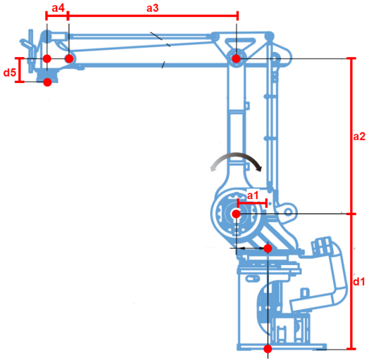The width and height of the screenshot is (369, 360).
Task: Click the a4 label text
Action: click(58, 8)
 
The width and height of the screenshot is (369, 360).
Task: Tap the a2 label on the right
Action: click(360, 137)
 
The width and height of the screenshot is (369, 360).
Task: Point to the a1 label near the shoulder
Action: click(252, 195)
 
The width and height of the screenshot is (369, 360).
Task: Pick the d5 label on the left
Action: click(9, 72)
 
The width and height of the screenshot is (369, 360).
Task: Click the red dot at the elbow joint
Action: click(236, 58)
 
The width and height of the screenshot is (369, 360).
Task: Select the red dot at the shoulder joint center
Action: click(236, 214)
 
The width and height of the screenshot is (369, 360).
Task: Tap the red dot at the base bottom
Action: click(268, 348)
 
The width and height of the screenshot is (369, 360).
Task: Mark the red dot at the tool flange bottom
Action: click(47, 82)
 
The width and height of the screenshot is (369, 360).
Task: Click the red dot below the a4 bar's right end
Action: click(69, 58)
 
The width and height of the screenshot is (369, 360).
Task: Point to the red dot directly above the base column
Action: click(268, 249)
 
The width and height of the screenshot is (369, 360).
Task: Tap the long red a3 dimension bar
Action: click(153, 16)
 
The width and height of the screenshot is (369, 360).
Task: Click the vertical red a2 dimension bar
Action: click(351, 136)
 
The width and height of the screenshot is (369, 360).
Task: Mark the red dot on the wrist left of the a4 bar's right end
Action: click(47, 58)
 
